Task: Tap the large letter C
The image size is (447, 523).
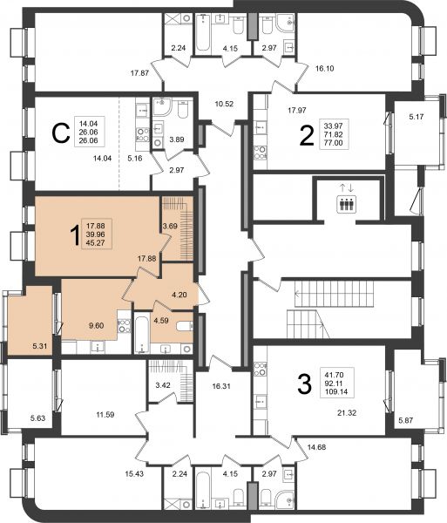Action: click(x=61, y=133)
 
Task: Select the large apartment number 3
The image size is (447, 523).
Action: click(x=304, y=384)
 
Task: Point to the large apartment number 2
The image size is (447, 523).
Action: click(x=307, y=136)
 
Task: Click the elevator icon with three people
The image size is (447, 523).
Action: click(x=346, y=203)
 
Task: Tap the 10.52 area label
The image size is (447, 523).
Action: click(x=224, y=104)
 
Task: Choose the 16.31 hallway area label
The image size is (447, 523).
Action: click(x=221, y=386)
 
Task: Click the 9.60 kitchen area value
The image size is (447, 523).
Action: click(x=97, y=325)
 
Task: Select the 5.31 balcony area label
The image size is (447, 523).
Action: click(x=40, y=346)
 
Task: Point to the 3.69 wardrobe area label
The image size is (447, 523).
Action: click(x=170, y=226)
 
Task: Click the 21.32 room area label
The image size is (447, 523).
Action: click(x=347, y=413)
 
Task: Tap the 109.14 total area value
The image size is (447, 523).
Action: click(x=336, y=391)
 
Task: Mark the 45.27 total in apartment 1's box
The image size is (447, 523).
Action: click(x=95, y=243)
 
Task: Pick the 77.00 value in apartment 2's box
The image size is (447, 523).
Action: click(x=334, y=143)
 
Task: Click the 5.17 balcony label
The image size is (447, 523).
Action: click(x=417, y=117)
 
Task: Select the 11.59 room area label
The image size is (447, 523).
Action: click(x=105, y=415)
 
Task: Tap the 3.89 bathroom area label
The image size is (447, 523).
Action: click(x=177, y=139)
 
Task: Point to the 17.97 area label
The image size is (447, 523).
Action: click(x=297, y=110)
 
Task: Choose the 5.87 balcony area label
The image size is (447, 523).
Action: click(x=406, y=420)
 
